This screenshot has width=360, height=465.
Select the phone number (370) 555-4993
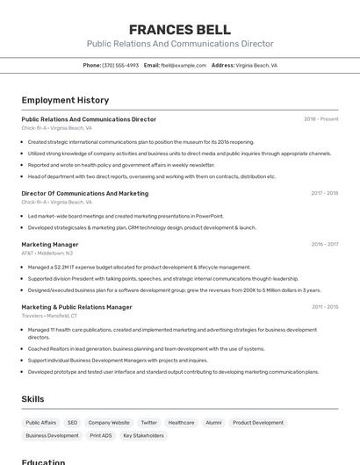click(120, 65)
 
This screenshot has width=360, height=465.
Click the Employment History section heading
click(65, 100)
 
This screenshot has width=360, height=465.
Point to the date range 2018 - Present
click(320, 119)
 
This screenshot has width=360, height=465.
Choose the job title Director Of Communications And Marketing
click(84, 193)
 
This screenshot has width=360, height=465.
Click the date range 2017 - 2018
click(324, 193)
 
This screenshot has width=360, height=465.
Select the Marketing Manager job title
click(50, 245)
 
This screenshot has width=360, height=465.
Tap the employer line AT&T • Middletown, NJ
click(47, 253)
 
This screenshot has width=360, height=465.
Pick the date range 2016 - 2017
click(324, 245)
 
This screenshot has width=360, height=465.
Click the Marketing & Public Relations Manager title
click(76, 307)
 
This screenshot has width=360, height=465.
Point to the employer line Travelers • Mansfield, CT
click(49, 315)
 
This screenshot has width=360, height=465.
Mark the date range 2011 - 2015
click(324, 307)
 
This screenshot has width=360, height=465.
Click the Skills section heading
click(32, 399)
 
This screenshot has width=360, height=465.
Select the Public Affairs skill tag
click(40, 422)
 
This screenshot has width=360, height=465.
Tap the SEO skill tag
click(72, 422)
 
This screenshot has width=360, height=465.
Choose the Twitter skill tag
click(148, 422)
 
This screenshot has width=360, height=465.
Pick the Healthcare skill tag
click(181, 422)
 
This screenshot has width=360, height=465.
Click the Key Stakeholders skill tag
click(143, 435)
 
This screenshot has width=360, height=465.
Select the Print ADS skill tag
click(101, 435)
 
